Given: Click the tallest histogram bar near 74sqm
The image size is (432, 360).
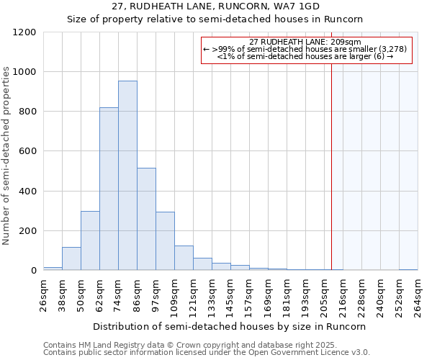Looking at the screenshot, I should (127, 176).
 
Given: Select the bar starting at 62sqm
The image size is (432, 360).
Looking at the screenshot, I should (109, 189).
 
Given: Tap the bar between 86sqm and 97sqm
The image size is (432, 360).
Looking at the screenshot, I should (146, 220).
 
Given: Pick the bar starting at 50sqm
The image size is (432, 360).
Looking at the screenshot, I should (90, 241).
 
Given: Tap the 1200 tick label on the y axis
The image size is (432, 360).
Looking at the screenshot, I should (25, 32).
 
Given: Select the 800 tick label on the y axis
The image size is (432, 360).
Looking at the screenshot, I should (28, 112).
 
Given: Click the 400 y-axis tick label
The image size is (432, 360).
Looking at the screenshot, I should (28, 192).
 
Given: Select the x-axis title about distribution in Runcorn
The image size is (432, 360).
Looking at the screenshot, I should (230, 326).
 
